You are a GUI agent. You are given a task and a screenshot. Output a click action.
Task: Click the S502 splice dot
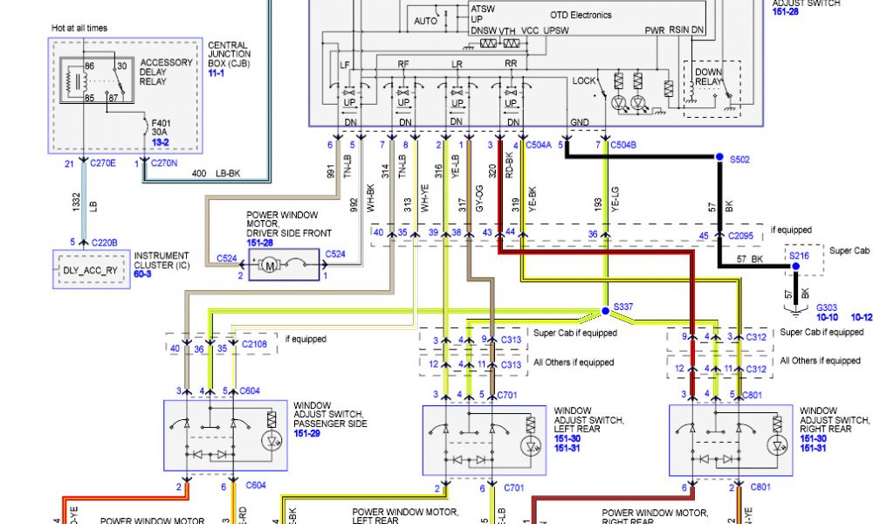(x=719, y=157)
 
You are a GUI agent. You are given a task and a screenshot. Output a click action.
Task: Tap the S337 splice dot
(x=605, y=311)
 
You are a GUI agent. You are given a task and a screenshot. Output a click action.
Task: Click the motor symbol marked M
(x=270, y=264)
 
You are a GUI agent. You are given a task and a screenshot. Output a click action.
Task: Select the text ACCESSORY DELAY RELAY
(x=166, y=72)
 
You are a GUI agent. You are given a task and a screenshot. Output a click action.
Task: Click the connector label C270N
(x=164, y=162)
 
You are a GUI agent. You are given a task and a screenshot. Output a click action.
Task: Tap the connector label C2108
(x=256, y=345)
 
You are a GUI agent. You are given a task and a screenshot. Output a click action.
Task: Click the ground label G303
(x=827, y=307)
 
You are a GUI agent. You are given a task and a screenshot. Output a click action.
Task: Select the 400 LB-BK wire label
(x=215, y=174)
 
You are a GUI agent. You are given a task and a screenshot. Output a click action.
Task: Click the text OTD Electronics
(x=581, y=15)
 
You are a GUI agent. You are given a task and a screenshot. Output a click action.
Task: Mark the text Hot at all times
(x=79, y=28)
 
